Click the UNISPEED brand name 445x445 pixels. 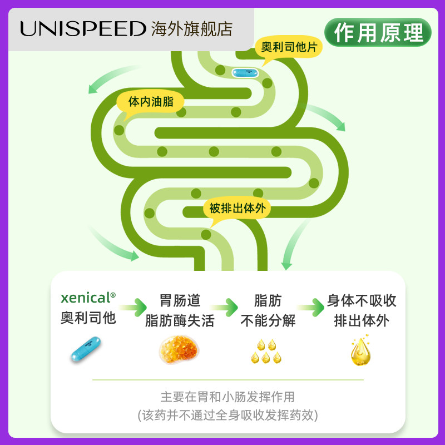(x=83, y=29)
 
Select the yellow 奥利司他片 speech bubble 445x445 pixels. (x=289, y=47)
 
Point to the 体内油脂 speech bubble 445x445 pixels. (x=150, y=102)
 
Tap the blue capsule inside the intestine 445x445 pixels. (x=245, y=72)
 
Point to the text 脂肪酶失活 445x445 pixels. (x=179, y=321)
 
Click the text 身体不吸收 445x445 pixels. (x=362, y=301)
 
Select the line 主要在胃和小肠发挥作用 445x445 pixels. (x=228, y=397)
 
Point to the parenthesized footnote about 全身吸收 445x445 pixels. (x=228, y=415)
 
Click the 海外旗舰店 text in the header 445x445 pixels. (x=192, y=29)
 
